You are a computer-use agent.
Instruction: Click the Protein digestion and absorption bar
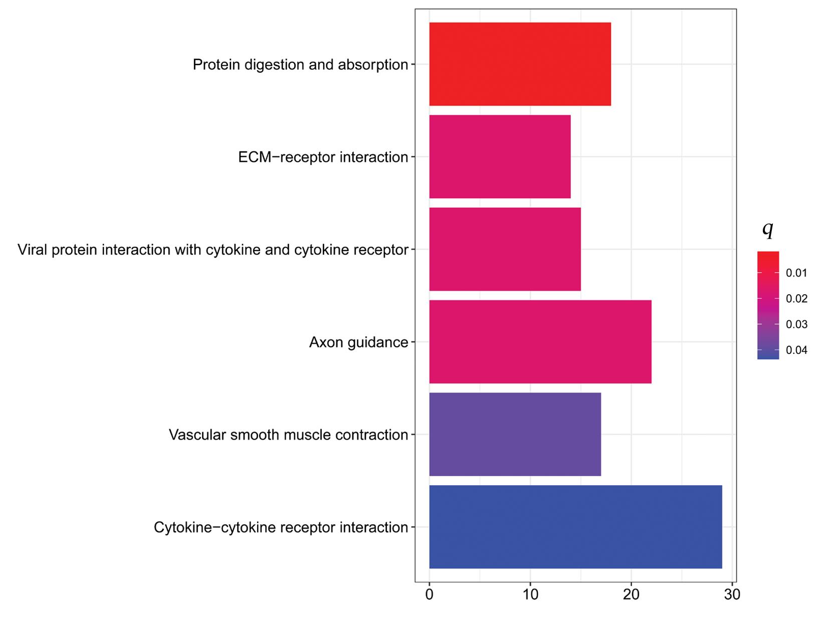tap(520, 64)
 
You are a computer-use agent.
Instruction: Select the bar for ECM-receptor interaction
tap(500, 157)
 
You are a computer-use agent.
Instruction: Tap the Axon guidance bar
tap(540, 342)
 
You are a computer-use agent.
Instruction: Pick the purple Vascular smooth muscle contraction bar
tap(515, 434)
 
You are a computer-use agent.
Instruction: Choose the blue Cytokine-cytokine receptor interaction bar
tap(575, 527)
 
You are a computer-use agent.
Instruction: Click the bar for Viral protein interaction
tap(505, 249)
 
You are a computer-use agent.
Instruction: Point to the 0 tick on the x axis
tap(429, 595)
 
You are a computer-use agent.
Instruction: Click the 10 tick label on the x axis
tap(530, 595)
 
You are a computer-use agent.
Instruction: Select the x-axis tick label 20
tap(631, 595)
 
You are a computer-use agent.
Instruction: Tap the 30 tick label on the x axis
tap(732, 595)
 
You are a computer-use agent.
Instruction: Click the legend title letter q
tap(767, 229)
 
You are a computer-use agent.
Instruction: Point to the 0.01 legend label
tap(796, 273)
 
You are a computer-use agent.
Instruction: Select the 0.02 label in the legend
tap(796, 299)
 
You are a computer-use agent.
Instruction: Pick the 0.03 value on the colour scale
tap(796, 325)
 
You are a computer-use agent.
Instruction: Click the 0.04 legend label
tap(796, 350)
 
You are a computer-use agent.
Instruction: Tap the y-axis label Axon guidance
tap(358, 342)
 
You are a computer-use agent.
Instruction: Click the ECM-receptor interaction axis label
tap(323, 157)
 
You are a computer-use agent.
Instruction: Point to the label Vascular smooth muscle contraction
tap(288, 435)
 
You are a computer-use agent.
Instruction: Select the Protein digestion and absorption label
tap(300, 65)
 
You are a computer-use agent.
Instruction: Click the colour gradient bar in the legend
tap(768, 305)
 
